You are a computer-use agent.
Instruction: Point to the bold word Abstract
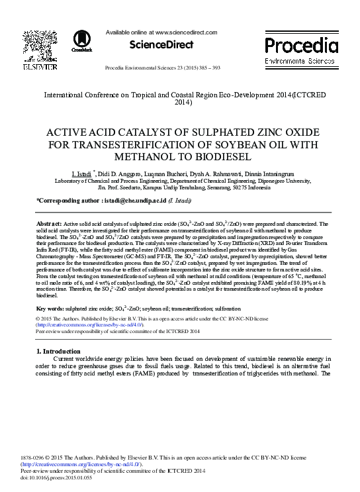pyautogui.click(x=49, y=225)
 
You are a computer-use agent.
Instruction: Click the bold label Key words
pyautogui.click(x=50, y=309)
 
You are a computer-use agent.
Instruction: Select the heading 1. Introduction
pyautogui.click(x=58, y=351)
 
